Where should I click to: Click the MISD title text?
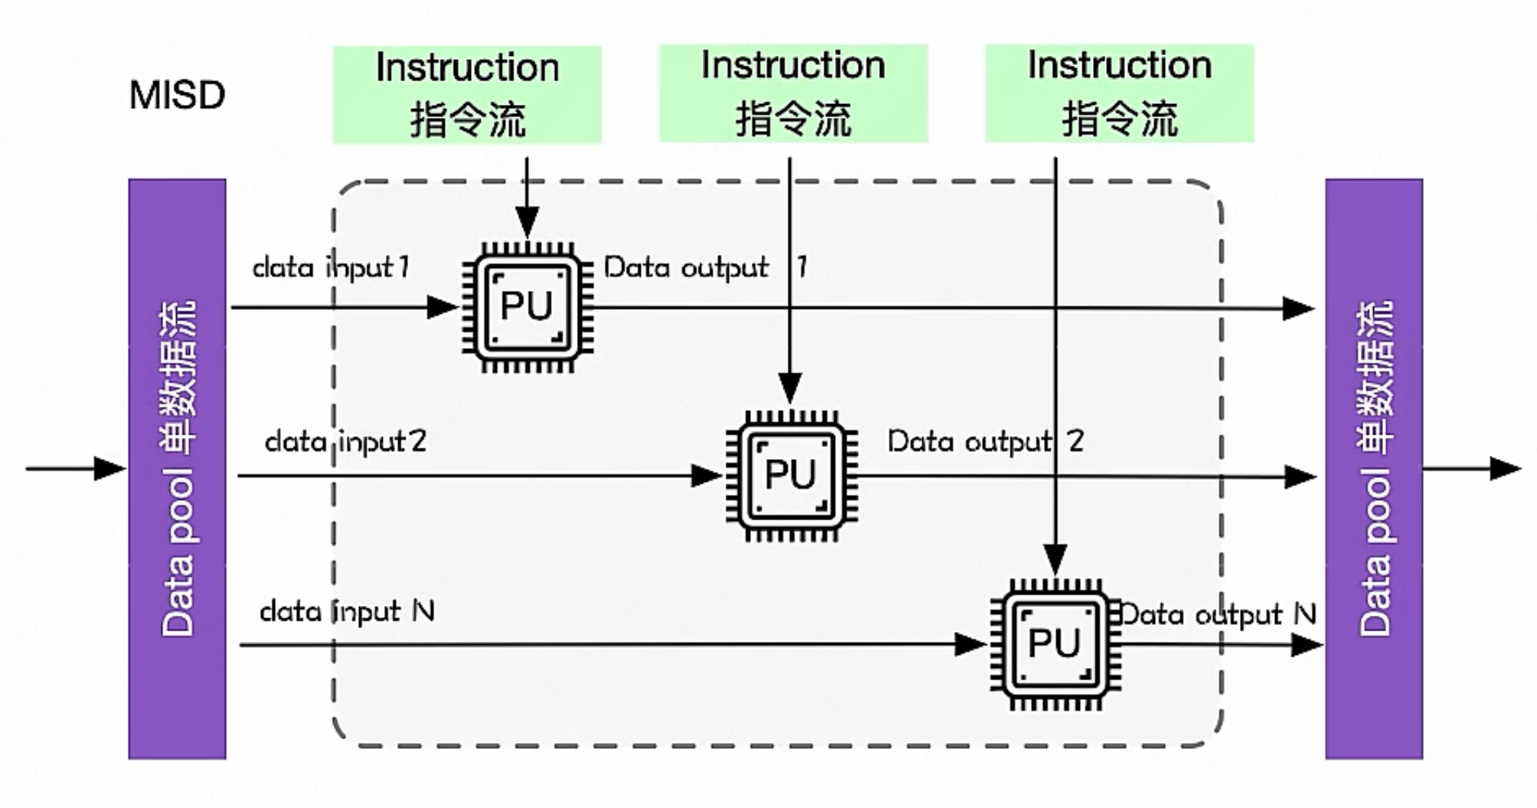tap(177, 96)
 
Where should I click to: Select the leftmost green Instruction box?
tap(467, 94)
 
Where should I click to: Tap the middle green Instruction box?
tap(793, 93)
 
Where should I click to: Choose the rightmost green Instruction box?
tap(1119, 93)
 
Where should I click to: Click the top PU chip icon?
tap(527, 307)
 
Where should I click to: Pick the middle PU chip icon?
tap(791, 475)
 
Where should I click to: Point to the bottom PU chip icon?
tap(1055, 644)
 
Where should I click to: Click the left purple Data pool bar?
tap(177, 468)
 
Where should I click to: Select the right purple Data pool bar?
tap(1374, 468)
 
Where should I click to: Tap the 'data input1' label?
tap(331, 267)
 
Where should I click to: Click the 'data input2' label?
tap(345, 441)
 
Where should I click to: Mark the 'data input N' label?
tap(347, 611)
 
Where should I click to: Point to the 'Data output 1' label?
tap(705, 267)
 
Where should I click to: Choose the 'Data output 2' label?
tap(985, 441)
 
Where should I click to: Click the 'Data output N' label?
tap(1218, 614)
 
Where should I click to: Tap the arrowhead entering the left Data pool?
tap(110, 468)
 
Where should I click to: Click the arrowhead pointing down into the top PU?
tap(527, 224)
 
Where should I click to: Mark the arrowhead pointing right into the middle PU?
tap(706, 476)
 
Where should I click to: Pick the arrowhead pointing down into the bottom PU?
tap(1056, 560)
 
